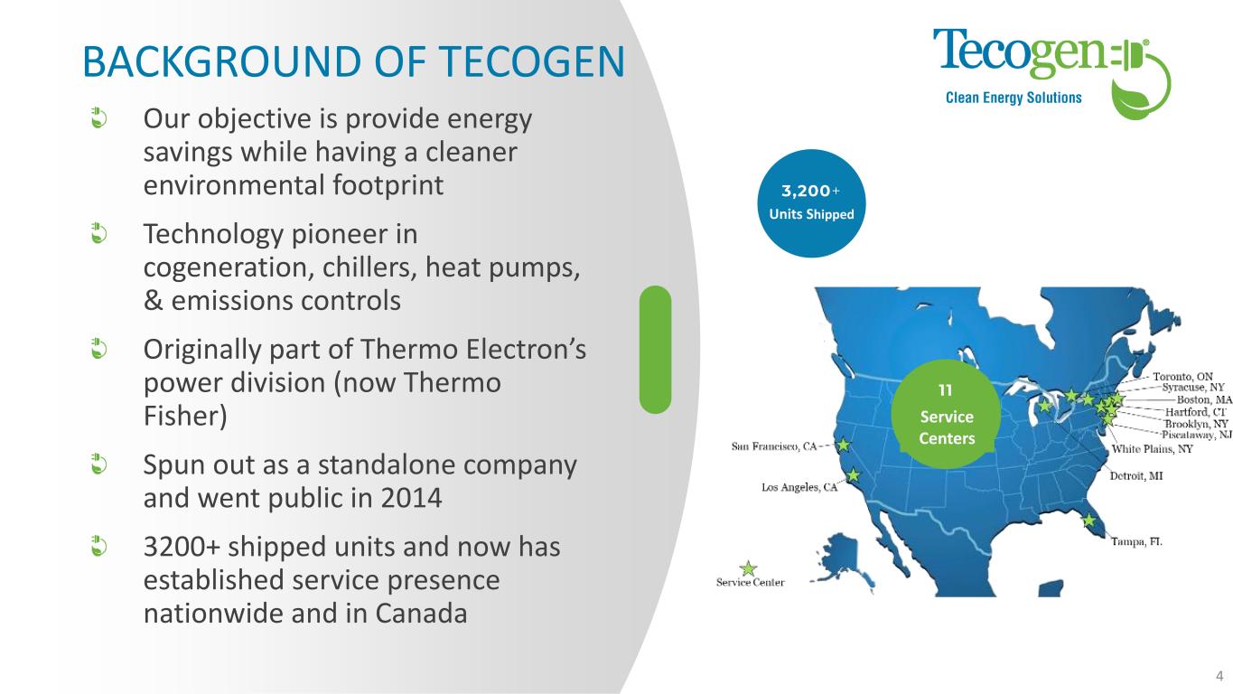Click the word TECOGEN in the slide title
click(532, 61)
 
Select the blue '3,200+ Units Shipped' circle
click(811, 203)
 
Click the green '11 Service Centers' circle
click(946, 414)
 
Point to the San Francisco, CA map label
click(774, 446)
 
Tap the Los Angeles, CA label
click(799, 487)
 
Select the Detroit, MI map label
click(1136, 476)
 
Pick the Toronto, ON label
click(1183, 376)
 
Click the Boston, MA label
click(1204, 400)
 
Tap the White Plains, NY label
click(1152, 449)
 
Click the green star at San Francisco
click(843, 445)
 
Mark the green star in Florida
click(1088, 520)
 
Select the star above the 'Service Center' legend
click(748, 568)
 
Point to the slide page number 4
click(1219, 676)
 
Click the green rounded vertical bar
click(655, 349)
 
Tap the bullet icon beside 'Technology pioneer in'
click(98, 233)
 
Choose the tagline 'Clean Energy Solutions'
click(1013, 98)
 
